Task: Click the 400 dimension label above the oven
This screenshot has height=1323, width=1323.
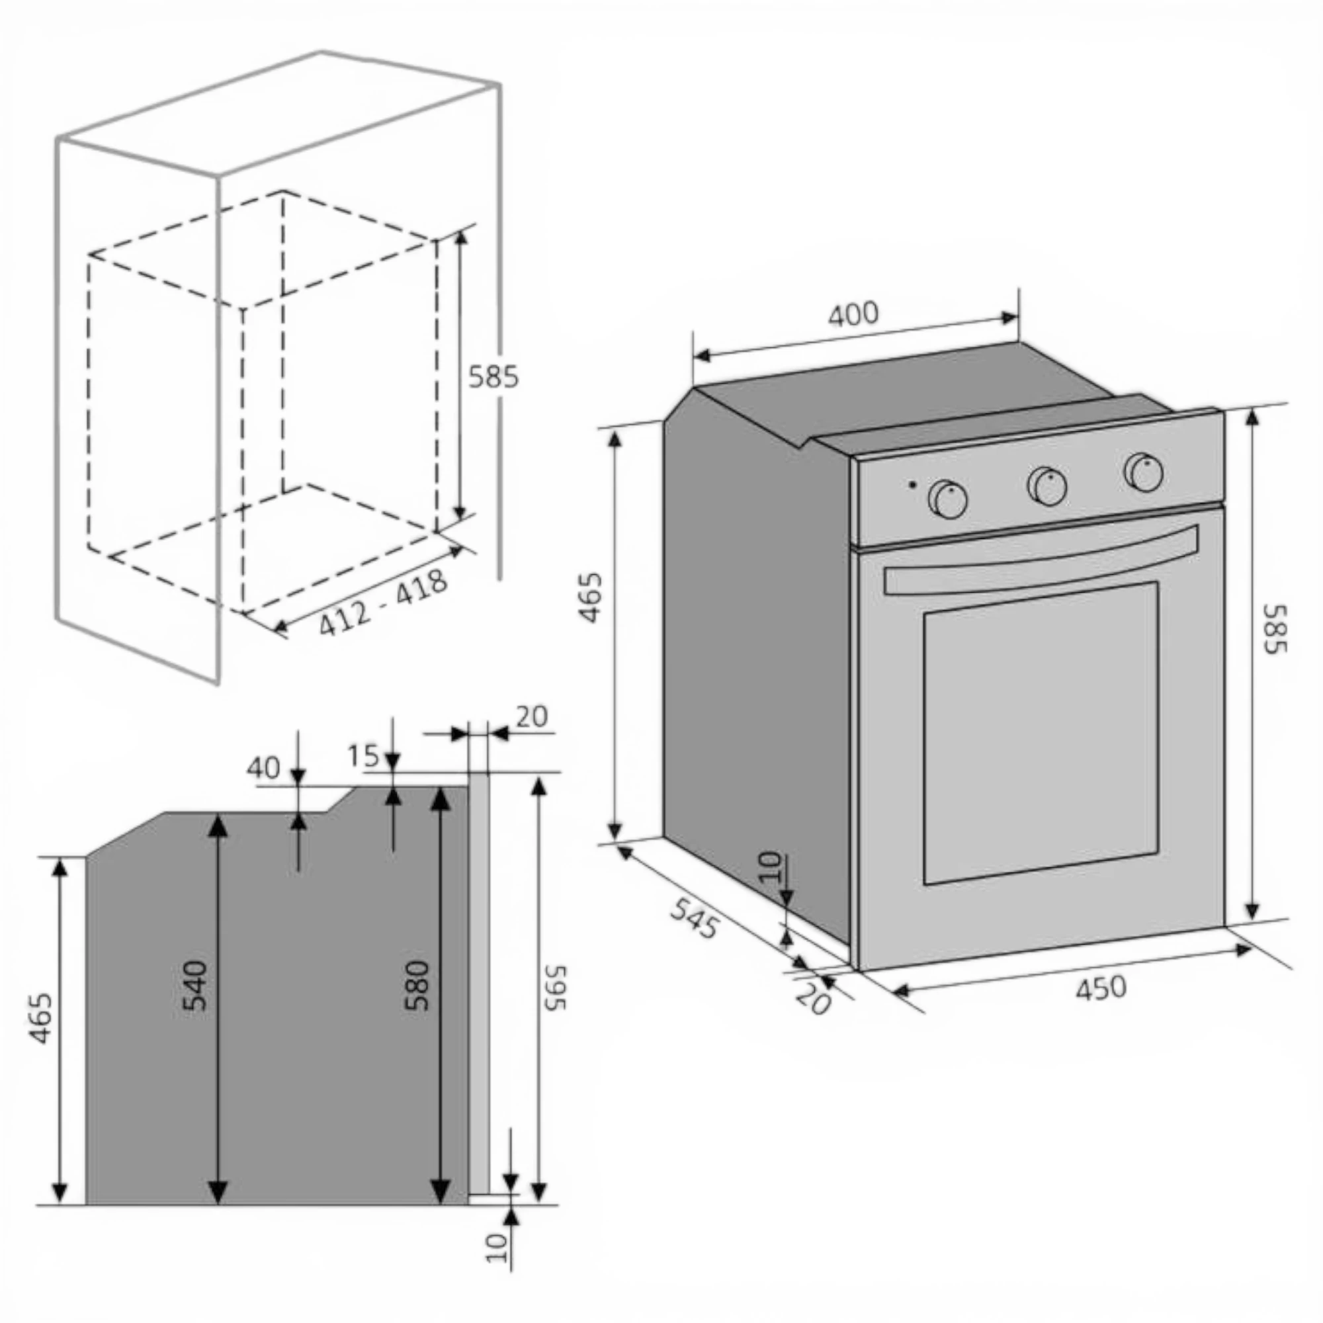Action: point(853,314)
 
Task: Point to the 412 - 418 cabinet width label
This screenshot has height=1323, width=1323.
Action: point(383,603)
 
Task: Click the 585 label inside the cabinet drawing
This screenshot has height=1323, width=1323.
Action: point(493,376)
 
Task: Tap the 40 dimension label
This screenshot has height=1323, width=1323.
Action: point(264,768)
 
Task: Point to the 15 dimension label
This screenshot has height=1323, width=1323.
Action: point(363,755)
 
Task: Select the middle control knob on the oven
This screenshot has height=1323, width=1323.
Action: point(1047,486)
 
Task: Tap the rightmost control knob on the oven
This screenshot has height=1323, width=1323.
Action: point(1143,472)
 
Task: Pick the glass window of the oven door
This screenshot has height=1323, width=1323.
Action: point(1041,734)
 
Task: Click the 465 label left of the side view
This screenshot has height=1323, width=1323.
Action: point(42,1018)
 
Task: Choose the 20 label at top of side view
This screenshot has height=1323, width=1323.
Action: point(532,716)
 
